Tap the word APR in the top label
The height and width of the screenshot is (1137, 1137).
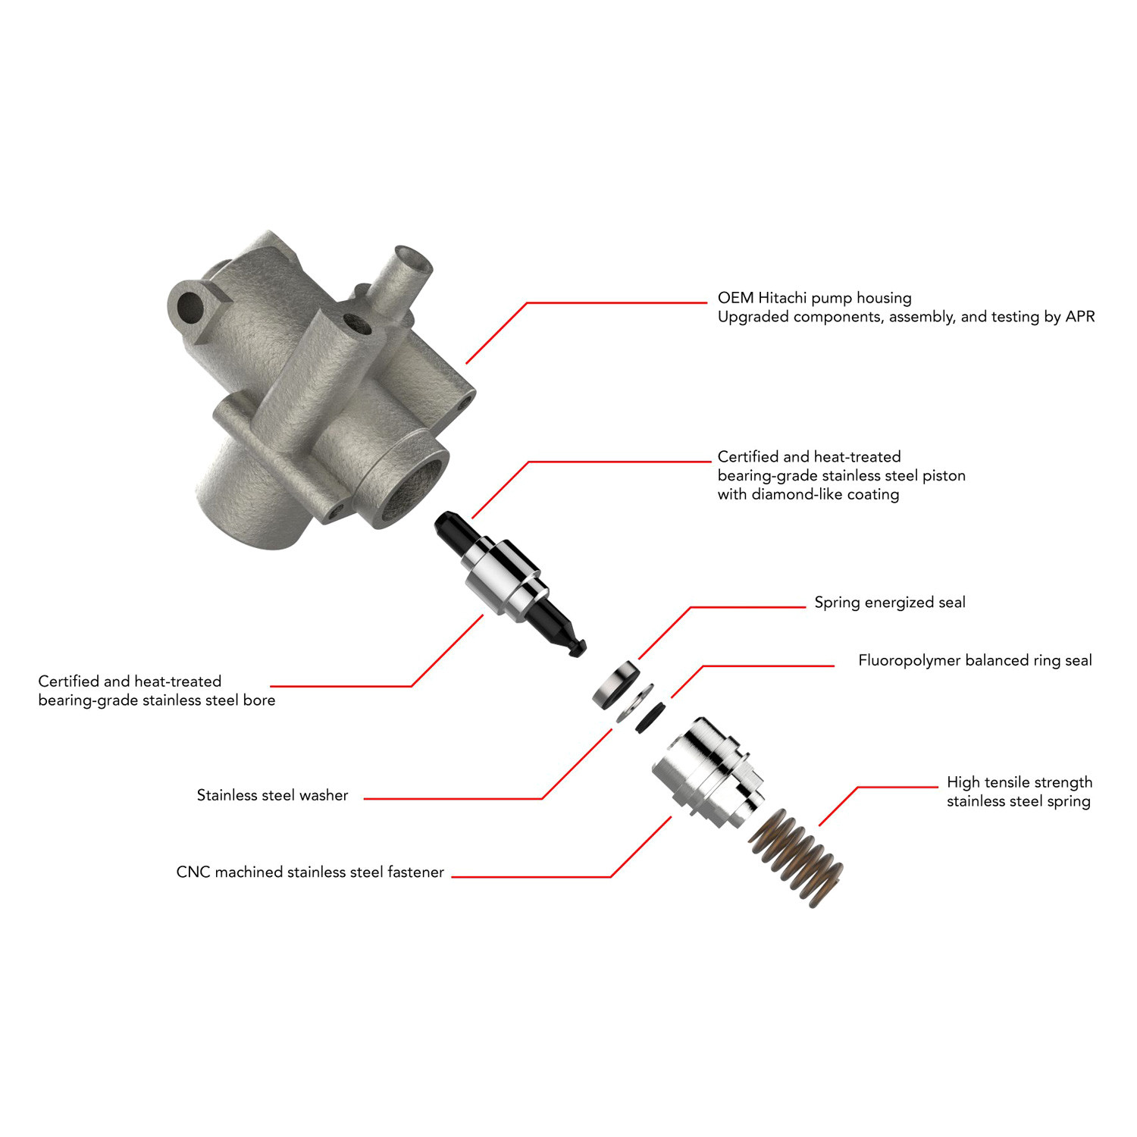coord(1080,317)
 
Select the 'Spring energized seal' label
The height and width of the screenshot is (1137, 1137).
coord(890,603)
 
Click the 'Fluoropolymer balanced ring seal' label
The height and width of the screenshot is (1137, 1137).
coord(975,660)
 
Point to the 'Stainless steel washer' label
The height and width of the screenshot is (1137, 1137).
coord(272,795)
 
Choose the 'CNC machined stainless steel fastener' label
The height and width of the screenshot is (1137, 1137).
coord(310,872)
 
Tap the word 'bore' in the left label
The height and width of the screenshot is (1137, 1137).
coord(259,700)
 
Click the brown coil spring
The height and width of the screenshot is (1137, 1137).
coord(797,857)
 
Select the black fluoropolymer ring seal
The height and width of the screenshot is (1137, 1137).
coord(650,716)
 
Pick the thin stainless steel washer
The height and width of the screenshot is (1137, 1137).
coord(635,703)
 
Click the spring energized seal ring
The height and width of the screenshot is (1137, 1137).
coord(615,684)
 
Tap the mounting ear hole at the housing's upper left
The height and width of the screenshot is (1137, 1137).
coord(189,307)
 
